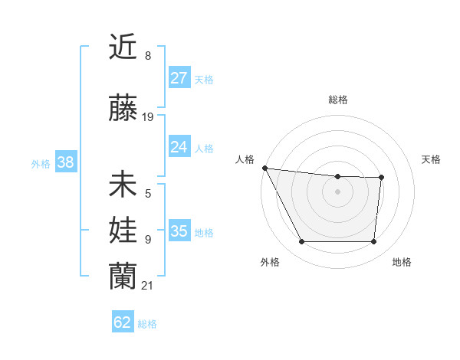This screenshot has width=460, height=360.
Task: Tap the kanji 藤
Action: pyautogui.click(x=123, y=109)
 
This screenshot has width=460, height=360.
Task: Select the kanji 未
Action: pyautogui.click(x=123, y=185)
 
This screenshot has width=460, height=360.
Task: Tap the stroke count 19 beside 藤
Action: pyautogui.click(x=148, y=117)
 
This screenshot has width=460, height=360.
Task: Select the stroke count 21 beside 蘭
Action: pyautogui.click(x=148, y=286)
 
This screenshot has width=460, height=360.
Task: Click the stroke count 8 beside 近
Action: pyautogui.click(x=148, y=55)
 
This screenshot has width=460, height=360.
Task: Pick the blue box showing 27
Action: pyautogui.click(x=179, y=77)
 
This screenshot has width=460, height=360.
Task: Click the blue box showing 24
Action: pyautogui.click(x=179, y=146)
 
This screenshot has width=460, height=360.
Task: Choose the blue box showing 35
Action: pyautogui.click(x=179, y=231)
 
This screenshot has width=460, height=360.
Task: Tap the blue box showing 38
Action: pyautogui.click(x=65, y=162)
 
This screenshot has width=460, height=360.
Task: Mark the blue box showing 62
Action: pyautogui.click(x=123, y=322)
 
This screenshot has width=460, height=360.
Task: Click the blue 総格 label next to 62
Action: pyautogui.click(x=147, y=324)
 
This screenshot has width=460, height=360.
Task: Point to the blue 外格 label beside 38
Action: pyautogui.click(x=41, y=164)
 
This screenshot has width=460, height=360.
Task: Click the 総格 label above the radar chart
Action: pyautogui.click(x=337, y=100)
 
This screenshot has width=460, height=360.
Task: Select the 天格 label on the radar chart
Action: pyautogui.click(x=431, y=159)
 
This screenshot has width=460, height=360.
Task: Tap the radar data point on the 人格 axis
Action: pyautogui.click(x=264, y=168)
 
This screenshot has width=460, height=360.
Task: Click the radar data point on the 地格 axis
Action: pyautogui.click(x=373, y=242)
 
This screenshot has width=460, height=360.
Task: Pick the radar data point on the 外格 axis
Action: pyautogui.click(x=301, y=242)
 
